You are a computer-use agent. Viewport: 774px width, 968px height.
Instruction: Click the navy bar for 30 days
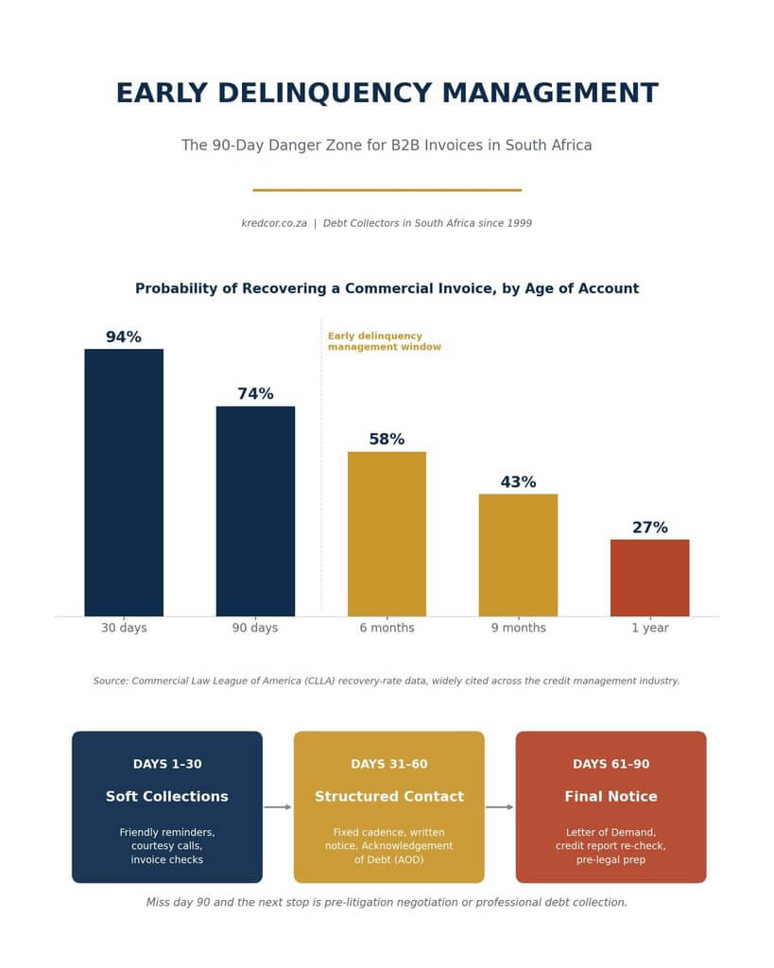(124, 482)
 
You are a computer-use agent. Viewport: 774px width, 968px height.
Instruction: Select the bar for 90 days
(255, 511)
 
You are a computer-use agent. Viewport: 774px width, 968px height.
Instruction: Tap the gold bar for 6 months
(387, 534)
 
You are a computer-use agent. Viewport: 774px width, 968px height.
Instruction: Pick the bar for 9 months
(518, 555)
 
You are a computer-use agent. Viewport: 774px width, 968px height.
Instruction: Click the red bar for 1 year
(649, 578)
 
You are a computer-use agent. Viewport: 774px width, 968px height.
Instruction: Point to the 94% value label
(124, 337)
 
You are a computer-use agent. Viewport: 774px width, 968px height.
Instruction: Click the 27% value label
(650, 527)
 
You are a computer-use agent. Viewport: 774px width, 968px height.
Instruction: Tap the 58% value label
(387, 440)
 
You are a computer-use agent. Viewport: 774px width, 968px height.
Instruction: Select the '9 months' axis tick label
(519, 628)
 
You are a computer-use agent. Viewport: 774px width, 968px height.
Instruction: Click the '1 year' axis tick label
(650, 628)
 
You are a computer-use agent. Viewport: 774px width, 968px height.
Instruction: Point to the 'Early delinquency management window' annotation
(385, 341)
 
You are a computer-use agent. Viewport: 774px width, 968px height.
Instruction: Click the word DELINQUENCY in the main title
(325, 94)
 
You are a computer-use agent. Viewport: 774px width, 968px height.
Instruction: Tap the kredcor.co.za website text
(274, 223)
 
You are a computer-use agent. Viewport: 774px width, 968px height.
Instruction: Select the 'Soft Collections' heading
(167, 796)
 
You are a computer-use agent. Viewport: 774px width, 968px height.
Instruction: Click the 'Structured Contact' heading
(388, 796)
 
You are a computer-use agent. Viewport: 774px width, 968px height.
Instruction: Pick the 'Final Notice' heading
(611, 796)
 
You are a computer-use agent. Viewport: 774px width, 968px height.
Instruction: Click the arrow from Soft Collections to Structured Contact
(278, 807)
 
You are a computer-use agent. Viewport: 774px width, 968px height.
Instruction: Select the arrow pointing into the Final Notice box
(499, 807)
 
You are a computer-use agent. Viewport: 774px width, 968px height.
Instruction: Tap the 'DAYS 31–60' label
(388, 764)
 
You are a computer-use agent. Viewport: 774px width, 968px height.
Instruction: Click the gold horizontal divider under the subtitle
(387, 190)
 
